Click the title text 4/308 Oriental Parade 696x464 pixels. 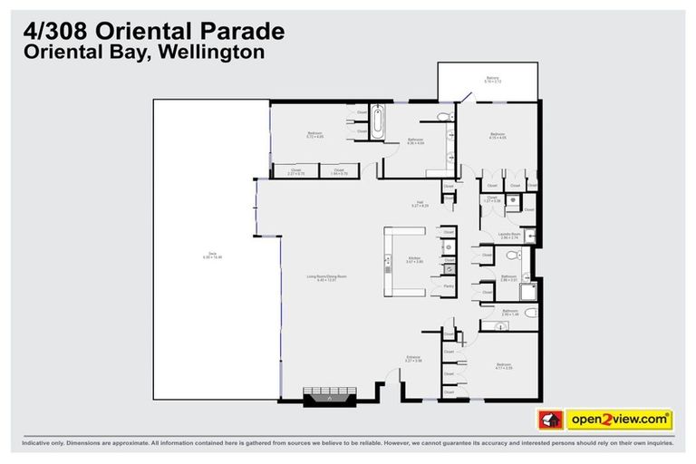[153, 31]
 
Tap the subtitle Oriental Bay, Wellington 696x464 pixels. [143, 53]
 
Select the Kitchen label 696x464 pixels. [414, 259]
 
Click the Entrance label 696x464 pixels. [413, 358]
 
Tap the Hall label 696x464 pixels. [420, 205]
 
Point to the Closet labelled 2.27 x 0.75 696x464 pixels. [296, 170]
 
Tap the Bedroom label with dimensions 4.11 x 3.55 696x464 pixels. [503, 366]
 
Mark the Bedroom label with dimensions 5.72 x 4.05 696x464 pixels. [314, 135]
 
